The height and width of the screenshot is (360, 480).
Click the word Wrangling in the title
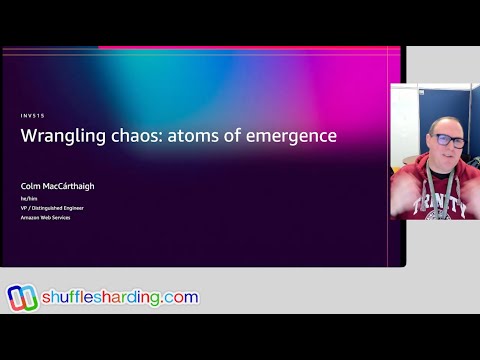pos(60,136)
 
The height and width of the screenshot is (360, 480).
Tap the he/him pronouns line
pos(28,199)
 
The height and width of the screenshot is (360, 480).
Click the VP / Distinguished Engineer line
pos(52,208)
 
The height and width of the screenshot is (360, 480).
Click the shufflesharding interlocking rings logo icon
pos(21,298)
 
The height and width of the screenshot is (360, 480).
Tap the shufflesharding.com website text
pos(120,298)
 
